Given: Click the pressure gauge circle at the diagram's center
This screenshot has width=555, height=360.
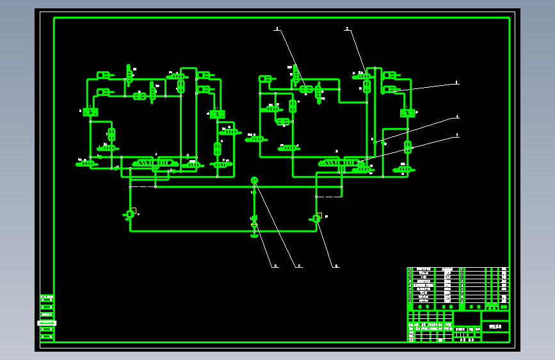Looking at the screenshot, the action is (x=254, y=180).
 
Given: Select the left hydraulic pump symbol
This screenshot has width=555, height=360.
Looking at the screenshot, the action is (x=130, y=213).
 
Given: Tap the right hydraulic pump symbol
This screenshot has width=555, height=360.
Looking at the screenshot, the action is (x=316, y=218).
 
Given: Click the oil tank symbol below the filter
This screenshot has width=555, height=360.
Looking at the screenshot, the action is (x=254, y=234).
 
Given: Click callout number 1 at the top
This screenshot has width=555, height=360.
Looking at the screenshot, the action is (x=277, y=29).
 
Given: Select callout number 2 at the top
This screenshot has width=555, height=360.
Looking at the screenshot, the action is (x=347, y=29).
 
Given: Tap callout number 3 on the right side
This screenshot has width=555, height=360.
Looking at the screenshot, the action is (x=456, y=82).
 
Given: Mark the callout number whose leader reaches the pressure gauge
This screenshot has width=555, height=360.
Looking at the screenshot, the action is (x=298, y=265).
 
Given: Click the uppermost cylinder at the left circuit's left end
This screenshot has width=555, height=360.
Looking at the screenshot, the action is (x=103, y=76).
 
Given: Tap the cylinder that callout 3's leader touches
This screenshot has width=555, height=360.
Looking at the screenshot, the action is (x=389, y=89).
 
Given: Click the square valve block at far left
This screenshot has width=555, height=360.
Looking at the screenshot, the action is (x=90, y=112).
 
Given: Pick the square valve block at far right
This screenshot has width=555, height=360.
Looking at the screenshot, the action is (x=407, y=113).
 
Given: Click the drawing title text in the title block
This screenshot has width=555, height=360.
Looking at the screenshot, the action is (x=495, y=326).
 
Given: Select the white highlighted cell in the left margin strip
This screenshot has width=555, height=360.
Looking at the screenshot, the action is (x=47, y=323).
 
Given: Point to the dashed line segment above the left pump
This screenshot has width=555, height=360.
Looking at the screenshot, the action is (x=143, y=187).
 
